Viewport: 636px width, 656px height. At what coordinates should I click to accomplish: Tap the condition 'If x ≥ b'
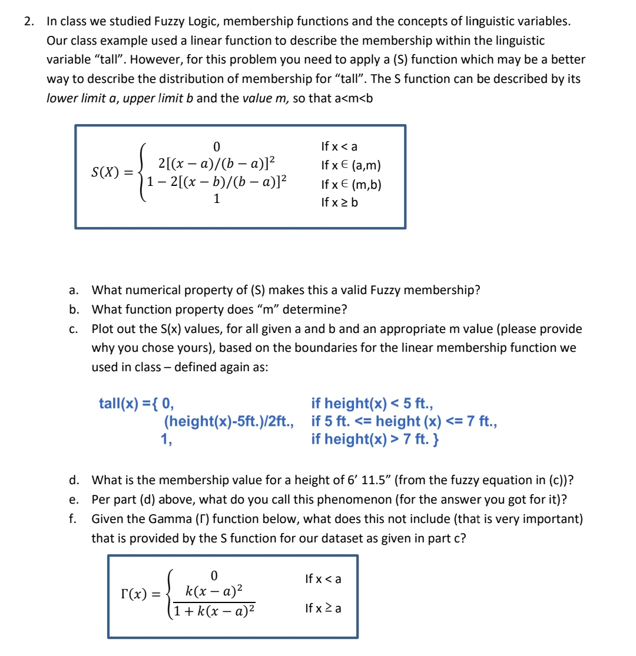click(x=339, y=202)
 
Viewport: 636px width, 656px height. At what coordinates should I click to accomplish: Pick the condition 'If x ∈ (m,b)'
click(x=351, y=185)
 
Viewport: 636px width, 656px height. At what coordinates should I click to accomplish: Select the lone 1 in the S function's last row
click(x=216, y=199)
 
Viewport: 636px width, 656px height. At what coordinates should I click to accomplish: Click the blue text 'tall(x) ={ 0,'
click(x=136, y=404)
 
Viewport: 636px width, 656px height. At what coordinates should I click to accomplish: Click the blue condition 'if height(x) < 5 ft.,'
click(x=372, y=404)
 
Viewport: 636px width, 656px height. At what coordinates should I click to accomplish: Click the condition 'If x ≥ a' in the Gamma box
click(x=323, y=608)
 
